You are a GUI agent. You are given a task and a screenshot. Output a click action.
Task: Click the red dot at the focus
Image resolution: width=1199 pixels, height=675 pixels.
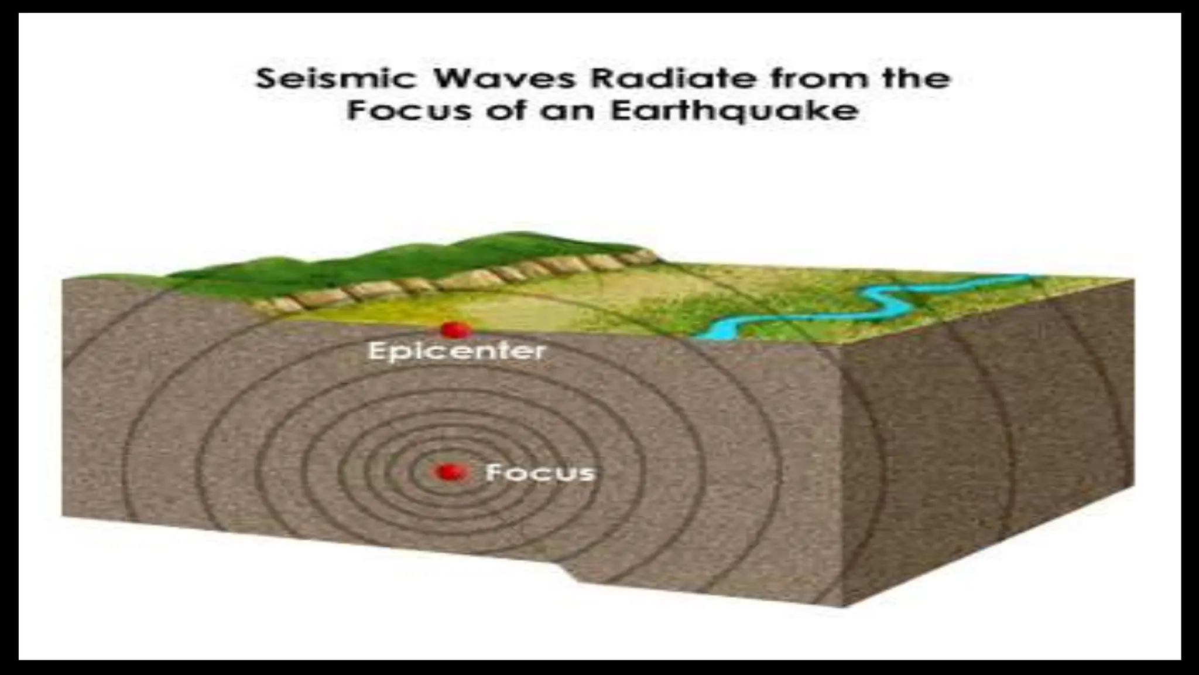point(450,472)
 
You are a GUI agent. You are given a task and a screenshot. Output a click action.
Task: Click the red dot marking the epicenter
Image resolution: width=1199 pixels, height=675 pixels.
point(453,330)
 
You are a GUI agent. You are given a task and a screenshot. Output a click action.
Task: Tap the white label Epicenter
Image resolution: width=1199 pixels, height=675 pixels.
point(457,352)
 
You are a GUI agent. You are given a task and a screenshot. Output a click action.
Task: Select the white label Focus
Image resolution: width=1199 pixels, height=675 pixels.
point(540,472)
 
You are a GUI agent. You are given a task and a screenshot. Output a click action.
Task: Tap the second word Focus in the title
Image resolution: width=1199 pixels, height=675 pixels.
point(409,111)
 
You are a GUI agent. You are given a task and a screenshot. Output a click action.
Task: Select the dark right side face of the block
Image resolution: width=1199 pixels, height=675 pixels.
point(989,445)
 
